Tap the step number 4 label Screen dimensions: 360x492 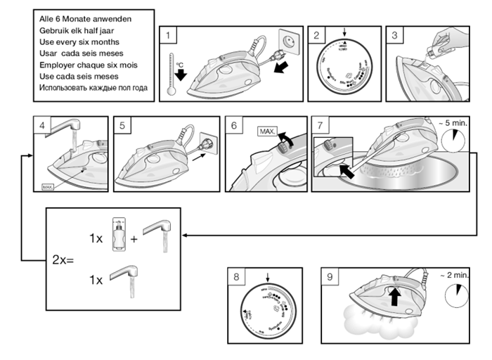[x=42, y=126]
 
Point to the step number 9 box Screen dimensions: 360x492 [x=328, y=276]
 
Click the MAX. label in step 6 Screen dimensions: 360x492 [x=268, y=131]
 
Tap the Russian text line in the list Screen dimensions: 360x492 [x=89, y=87]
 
